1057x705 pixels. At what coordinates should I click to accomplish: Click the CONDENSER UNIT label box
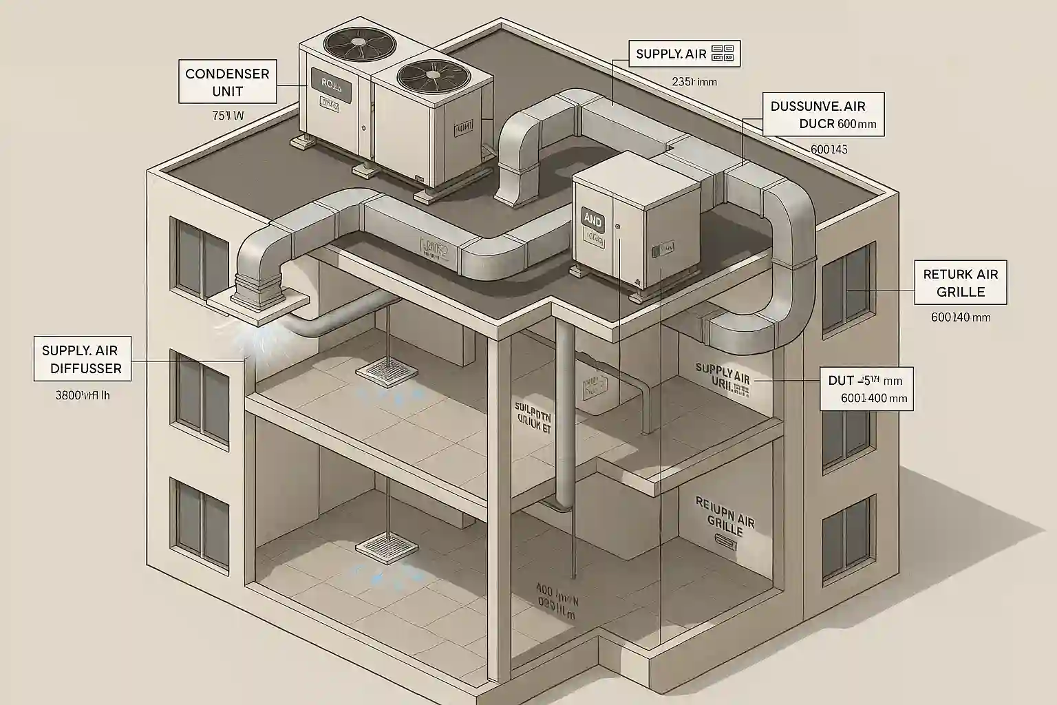click(x=227, y=82)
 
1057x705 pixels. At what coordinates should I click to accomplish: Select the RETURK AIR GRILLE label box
click(x=960, y=282)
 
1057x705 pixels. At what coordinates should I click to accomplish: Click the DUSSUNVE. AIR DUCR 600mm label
click(x=823, y=115)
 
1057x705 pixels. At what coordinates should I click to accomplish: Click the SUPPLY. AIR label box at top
click(x=684, y=53)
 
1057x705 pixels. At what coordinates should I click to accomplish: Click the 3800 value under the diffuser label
click(x=82, y=396)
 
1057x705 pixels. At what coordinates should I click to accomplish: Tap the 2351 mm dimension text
click(x=694, y=81)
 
